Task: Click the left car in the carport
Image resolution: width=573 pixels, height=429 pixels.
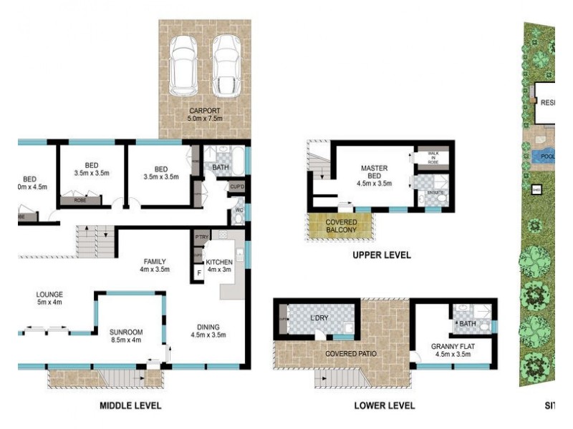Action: click(183, 65)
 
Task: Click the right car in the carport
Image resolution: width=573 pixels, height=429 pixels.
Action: click(226, 65)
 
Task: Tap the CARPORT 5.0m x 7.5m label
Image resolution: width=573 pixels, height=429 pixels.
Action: click(205, 114)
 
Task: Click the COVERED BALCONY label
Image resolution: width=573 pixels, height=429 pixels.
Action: click(342, 227)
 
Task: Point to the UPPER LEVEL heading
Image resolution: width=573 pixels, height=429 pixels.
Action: click(381, 255)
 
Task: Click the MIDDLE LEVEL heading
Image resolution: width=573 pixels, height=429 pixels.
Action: click(130, 406)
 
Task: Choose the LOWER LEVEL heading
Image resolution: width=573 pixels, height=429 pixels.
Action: click(385, 406)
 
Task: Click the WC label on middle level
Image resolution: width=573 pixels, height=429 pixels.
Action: click(239, 211)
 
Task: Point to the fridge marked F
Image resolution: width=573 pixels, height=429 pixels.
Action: click(198, 273)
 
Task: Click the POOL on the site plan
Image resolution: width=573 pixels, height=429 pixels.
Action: click(546, 156)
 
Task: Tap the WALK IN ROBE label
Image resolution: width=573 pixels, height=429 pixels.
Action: click(433, 157)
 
